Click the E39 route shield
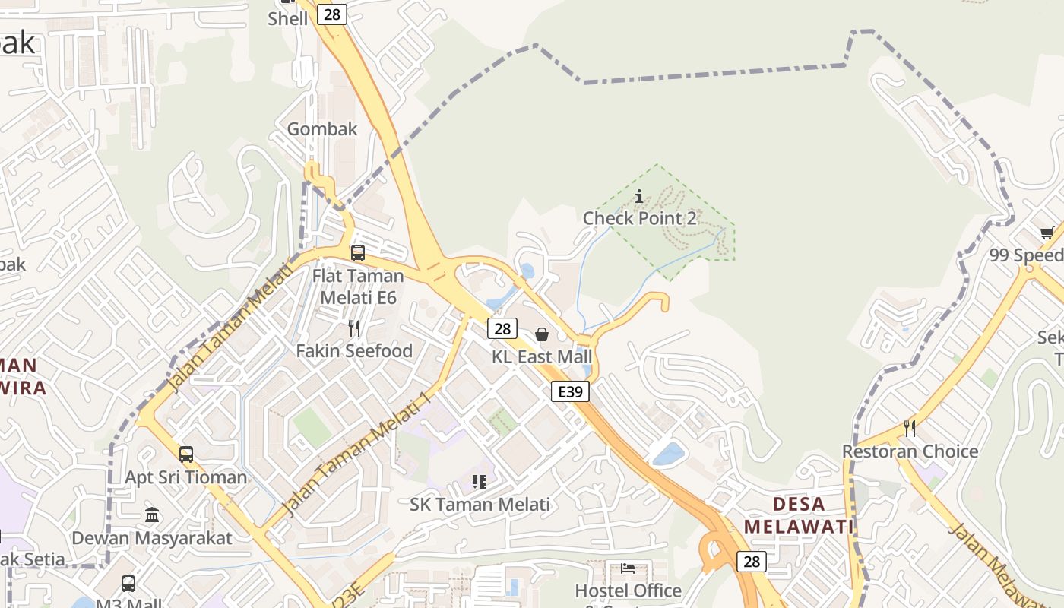click(570, 391)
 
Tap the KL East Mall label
click(542, 356)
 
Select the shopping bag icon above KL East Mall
click(542, 334)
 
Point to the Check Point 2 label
click(639, 218)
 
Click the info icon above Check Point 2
click(639, 197)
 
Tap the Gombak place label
click(322, 129)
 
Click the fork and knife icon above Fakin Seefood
click(354, 328)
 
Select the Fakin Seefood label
click(354, 351)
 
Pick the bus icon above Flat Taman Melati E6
click(358, 253)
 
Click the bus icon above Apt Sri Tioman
click(186, 454)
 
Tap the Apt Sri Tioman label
click(186, 477)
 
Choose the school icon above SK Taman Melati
click(480, 482)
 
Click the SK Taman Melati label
click(480, 505)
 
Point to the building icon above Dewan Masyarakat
click(152, 515)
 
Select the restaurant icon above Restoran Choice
click(910, 429)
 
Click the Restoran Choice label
click(910, 451)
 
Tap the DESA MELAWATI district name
click(799, 515)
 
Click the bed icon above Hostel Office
click(628, 568)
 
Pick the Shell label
click(288, 18)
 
